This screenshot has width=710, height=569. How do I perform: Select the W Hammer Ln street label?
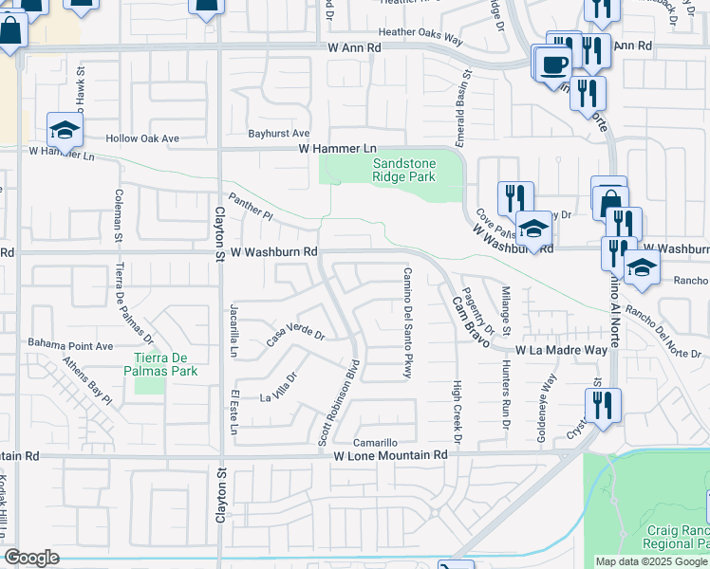point(338,149)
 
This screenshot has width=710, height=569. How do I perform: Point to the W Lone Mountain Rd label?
point(389,455)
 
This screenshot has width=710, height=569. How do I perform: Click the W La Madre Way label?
point(561,350)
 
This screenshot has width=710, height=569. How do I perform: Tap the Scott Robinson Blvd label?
point(338,403)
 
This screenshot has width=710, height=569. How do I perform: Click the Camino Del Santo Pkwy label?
point(407,323)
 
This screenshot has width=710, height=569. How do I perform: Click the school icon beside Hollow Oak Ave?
point(65,129)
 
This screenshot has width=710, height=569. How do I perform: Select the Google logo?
point(31,558)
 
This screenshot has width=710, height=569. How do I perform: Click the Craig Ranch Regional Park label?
point(677,537)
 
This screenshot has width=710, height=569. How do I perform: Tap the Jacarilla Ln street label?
point(233,331)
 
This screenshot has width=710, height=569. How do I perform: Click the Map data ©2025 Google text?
point(652,561)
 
